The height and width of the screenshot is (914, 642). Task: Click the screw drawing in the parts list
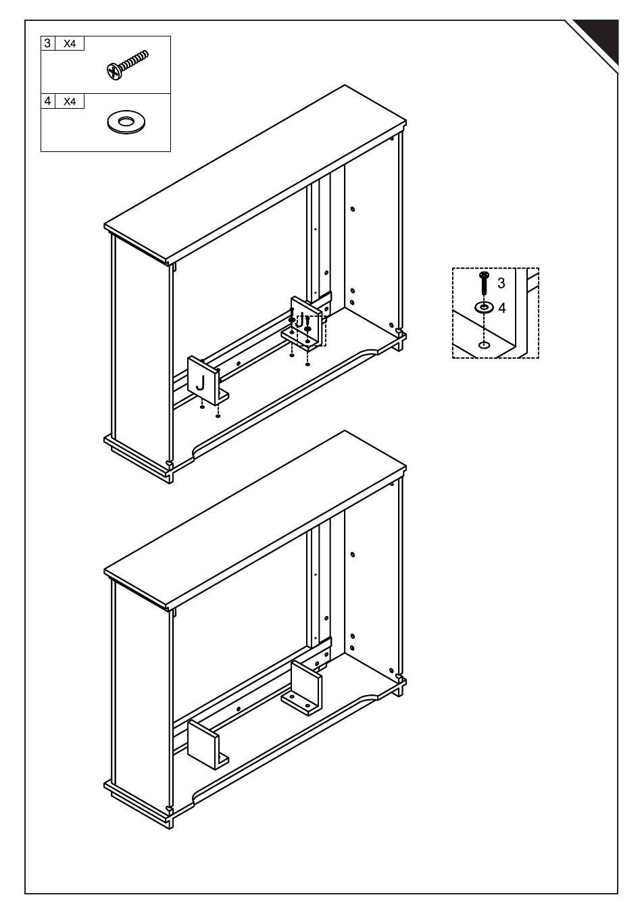127,65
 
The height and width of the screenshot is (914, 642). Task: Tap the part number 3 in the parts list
48,43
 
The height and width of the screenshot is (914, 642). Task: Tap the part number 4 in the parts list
48,101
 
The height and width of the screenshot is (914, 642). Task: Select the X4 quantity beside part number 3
70,44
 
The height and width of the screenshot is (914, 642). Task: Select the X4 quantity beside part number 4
70,101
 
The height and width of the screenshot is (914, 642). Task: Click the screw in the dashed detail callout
484,283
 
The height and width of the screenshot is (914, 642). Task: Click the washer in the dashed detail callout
484,307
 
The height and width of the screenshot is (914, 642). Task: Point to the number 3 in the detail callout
501,283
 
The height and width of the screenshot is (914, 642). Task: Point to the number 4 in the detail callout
502,308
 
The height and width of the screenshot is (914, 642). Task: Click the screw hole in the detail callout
484,346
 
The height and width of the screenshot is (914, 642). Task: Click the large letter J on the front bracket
201,383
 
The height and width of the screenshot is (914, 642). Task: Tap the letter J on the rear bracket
300,322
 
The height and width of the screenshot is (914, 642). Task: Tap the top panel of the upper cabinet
255,174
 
